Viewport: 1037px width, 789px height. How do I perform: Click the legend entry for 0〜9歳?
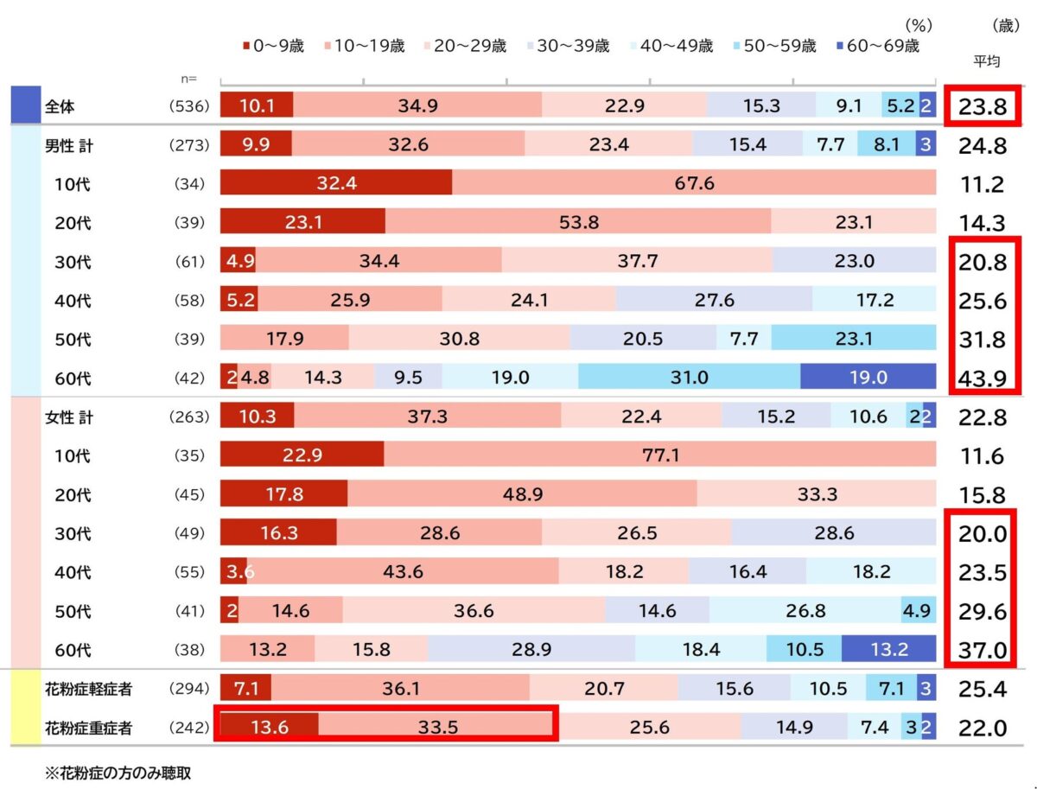point(273,47)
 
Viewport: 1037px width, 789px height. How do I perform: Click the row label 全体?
point(58,108)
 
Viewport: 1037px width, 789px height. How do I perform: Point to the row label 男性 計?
point(69,146)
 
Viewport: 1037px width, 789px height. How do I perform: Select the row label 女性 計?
point(69,417)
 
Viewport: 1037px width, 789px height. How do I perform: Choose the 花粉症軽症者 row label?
point(88,690)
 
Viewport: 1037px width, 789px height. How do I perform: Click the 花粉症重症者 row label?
point(88,729)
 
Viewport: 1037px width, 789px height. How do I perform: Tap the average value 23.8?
point(983,108)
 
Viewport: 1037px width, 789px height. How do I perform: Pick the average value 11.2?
point(983,185)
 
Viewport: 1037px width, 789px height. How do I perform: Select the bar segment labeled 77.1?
point(660,455)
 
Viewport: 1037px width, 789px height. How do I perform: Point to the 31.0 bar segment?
point(689,378)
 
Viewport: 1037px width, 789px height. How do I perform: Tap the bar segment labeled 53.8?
point(578,223)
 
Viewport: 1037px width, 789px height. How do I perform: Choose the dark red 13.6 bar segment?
point(269,728)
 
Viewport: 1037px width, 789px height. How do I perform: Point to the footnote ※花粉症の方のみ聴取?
point(118,773)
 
